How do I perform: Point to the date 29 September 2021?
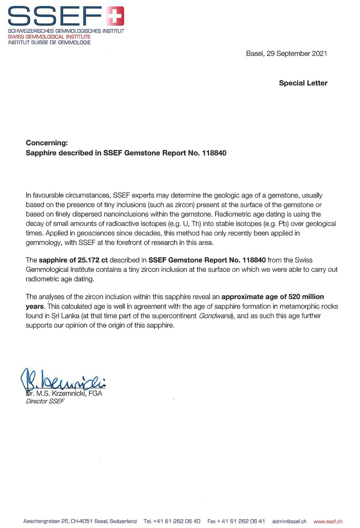[297, 54]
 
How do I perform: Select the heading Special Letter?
[303, 83]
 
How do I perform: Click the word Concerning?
[47, 143]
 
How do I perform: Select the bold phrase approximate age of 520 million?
[272, 297]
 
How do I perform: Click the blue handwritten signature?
[62, 380]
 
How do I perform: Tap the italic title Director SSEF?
[45, 401]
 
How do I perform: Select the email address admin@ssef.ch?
[289, 521]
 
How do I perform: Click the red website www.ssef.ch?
[328, 521]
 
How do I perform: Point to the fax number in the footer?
[236, 521]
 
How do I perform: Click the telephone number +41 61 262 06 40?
[177, 521]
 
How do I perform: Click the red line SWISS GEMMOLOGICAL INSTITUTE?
[49, 36]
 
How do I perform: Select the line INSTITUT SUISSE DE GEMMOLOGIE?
[49, 42]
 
